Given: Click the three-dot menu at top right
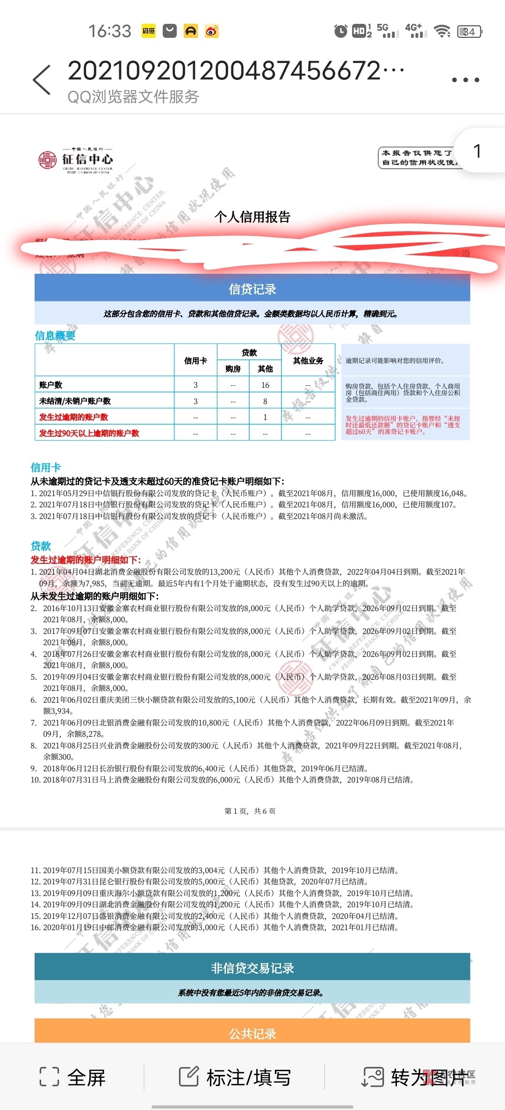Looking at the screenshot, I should pos(465,80).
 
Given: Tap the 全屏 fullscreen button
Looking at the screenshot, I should pos(73,1077).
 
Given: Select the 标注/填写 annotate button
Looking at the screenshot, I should pos(235,1077).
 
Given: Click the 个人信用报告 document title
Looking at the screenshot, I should pos(252,217).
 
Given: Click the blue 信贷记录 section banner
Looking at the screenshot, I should pos(252,289).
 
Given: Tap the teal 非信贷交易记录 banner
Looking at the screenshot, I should pos(252,968).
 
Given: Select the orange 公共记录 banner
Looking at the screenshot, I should pos(252,1033).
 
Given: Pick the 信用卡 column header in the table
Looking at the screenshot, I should pos(195,361).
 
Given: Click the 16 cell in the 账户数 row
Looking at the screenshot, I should pos(265,385).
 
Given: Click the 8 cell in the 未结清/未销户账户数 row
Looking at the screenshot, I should pos(265,401).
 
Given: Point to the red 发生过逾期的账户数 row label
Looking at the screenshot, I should pos(73,417).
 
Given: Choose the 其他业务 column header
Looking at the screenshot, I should pos(308,361).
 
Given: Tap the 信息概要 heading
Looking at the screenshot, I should pos(55,335).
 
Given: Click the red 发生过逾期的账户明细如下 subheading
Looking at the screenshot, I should pos(86,560).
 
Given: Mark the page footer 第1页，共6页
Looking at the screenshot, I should pos(250,811).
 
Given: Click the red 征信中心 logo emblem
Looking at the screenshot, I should pos(47,160).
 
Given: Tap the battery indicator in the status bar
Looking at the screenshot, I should pos(469,31).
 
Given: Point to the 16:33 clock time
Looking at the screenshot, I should pos(110,31).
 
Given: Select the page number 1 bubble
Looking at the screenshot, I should pos(477,151).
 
